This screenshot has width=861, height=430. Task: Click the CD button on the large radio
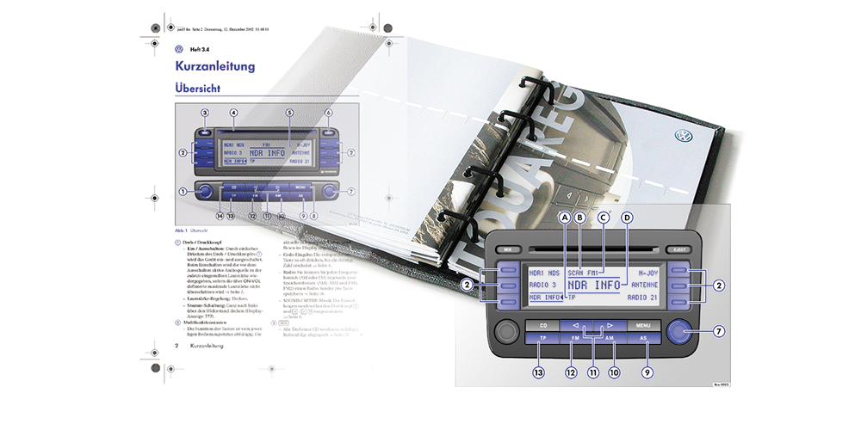click(542, 326)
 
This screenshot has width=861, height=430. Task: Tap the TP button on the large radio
click(542, 340)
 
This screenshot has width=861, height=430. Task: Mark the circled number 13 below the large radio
click(540, 373)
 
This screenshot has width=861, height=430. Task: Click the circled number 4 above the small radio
click(233, 113)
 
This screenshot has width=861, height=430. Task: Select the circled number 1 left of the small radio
click(183, 191)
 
